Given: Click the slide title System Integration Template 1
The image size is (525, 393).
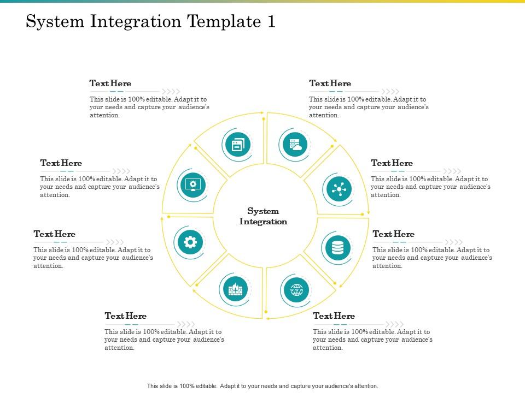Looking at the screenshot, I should click(151, 22).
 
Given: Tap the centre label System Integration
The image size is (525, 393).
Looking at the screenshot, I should click(263, 216).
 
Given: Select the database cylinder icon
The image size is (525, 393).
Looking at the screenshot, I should click(337, 248).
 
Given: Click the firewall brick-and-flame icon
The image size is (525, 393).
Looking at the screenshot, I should click(235, 288).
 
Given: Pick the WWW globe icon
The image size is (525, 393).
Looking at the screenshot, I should click(297, 288).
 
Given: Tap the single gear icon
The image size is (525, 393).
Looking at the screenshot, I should click(191, 241).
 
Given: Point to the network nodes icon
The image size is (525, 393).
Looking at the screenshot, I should click(339, 189).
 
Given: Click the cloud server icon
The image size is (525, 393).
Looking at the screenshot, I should click(295, 145).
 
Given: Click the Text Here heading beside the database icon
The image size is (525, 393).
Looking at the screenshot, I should click(393, 234).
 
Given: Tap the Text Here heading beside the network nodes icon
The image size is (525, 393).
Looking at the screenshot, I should click(392, 163).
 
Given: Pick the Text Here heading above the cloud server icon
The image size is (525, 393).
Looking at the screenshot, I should click(330, 84).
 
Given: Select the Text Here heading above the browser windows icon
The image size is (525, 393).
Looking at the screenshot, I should click(110, 84).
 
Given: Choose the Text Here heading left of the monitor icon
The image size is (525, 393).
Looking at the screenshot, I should click(61, 163).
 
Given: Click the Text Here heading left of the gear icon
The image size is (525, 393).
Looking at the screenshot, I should click(54, 234).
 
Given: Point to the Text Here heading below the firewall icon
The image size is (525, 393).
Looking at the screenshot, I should click(125, 316).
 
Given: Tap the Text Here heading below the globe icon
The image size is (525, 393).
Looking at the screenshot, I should click(334, 316).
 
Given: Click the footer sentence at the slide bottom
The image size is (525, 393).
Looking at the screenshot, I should click(262, 386).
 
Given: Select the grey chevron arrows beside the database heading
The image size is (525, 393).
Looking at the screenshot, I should click(453, 242).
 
